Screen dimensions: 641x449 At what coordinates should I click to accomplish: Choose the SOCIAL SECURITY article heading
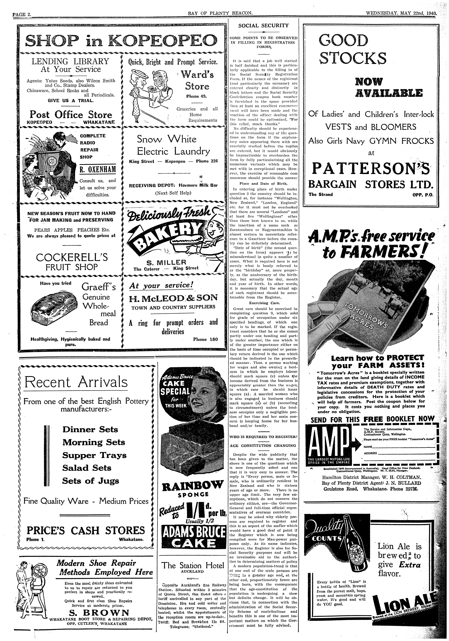(x=263, y=26)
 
